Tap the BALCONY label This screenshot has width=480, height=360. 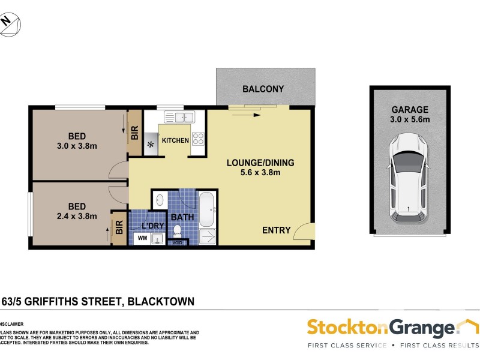263,89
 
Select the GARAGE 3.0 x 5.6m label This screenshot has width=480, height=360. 410,114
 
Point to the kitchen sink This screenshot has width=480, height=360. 179,117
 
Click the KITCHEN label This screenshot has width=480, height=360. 175,140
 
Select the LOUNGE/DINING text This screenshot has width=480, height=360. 253,163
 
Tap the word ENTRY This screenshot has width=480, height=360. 276,230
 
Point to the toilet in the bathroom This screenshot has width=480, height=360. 177,230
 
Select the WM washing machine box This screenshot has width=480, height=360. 142,238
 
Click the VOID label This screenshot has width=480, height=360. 177,243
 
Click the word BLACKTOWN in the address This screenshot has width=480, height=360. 160,302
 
